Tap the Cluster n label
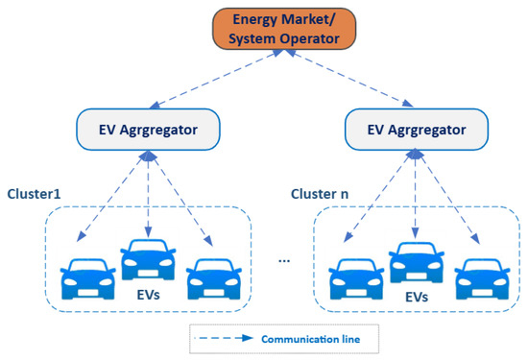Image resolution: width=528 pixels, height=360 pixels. (320, 193)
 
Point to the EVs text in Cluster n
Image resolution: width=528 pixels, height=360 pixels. (416, 299)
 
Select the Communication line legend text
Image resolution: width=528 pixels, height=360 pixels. (309, 337)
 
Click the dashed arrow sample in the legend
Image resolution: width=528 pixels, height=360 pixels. (226, 337)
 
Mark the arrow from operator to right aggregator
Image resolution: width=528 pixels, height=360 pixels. (346, 83)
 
